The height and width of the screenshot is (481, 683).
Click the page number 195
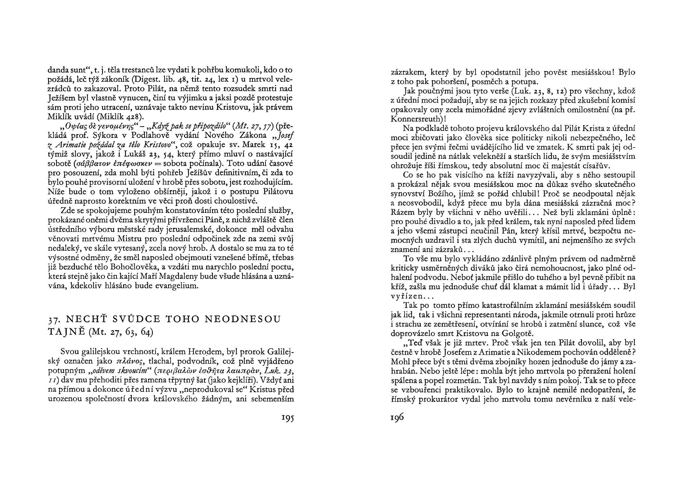point(288,418)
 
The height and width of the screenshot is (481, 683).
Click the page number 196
point(397,418)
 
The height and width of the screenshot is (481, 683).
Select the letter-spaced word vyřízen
point(408,296)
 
